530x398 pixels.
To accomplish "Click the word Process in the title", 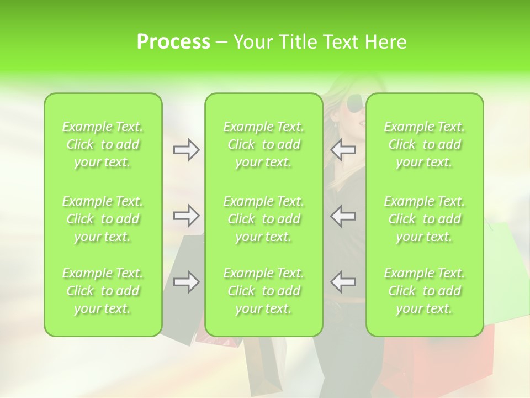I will pos(173,42).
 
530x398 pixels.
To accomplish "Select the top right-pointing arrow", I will pos(186,150).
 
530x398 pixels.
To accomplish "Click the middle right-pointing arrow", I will pos(186,216).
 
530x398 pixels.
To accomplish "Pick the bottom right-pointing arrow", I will pos(186,282).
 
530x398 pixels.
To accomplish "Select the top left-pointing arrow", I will pos(343,150).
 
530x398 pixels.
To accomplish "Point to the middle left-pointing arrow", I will pos(343,216).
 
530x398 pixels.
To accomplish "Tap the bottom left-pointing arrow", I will pos(343,282).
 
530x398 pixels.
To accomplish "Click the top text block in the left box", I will pos(103,144).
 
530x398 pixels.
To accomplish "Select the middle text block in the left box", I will pos(103,219).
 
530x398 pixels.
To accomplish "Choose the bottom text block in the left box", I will pos(103,291).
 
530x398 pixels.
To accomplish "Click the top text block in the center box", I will pos(264,144).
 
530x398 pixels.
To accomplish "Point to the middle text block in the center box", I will pos(264,219).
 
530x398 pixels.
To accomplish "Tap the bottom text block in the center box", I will pos(264,291).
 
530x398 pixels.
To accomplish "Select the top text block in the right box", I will pos(425,144).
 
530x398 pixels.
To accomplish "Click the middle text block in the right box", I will pos(425,219).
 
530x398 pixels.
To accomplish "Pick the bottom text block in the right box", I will pos(425,291).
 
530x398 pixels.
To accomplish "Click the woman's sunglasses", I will pos(355,103).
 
